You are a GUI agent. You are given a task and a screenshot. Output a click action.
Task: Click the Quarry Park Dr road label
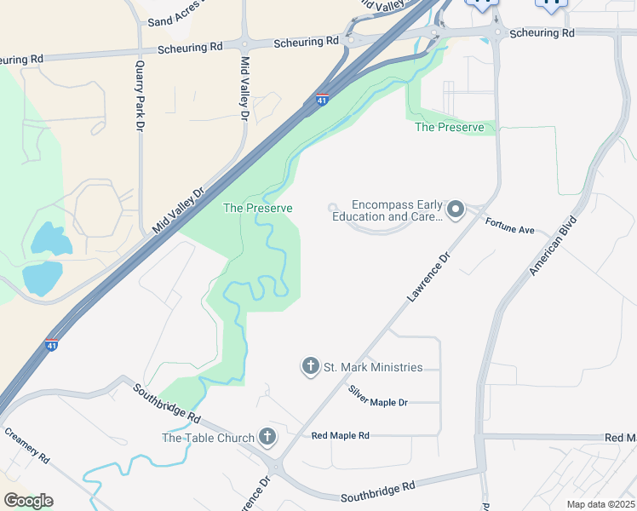(139, 95)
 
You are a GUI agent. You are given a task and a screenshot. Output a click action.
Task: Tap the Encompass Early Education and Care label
(397, 210)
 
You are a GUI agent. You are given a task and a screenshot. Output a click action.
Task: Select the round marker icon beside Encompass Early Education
(456, 210)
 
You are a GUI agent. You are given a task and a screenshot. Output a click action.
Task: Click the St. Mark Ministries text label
(373, 367)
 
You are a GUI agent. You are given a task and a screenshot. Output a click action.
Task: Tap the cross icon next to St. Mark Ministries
(310, 367)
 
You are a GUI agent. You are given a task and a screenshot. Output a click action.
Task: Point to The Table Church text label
(209, 438)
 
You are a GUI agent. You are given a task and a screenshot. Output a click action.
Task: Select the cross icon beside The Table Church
(267, 438)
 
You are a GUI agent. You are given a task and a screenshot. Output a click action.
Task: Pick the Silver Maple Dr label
(378, 396)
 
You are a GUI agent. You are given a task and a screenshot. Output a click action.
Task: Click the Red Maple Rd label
(340, 435)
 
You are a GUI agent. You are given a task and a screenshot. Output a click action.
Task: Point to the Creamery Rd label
(28, 445)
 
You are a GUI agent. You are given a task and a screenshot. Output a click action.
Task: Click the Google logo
(27, 500)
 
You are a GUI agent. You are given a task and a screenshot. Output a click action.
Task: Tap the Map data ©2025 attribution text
(600, 504)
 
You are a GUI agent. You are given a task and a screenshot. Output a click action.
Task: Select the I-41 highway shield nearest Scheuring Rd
(322, 100)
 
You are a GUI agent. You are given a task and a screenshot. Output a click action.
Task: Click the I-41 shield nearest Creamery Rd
(51, 345)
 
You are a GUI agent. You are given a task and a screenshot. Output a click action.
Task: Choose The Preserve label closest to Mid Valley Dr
(257, 208)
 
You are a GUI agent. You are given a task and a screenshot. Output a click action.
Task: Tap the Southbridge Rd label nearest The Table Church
(167, 405)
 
